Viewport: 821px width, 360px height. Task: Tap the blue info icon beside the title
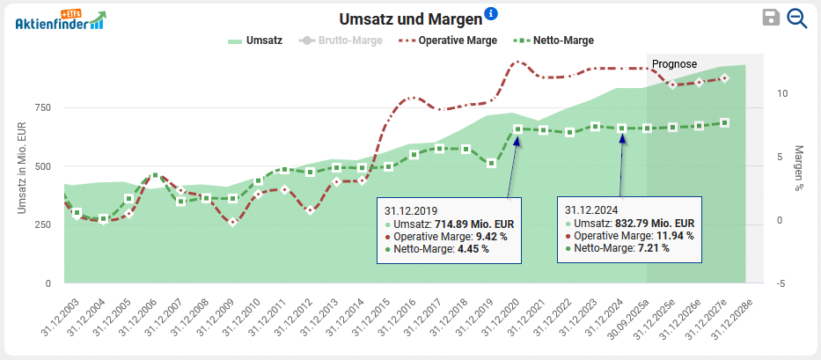[491, 13]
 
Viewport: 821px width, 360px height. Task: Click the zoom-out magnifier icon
[797, 18]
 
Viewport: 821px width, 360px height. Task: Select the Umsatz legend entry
[254, 40]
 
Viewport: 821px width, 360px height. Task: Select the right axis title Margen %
[799, 168]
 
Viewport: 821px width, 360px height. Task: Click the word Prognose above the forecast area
[674, 64]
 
